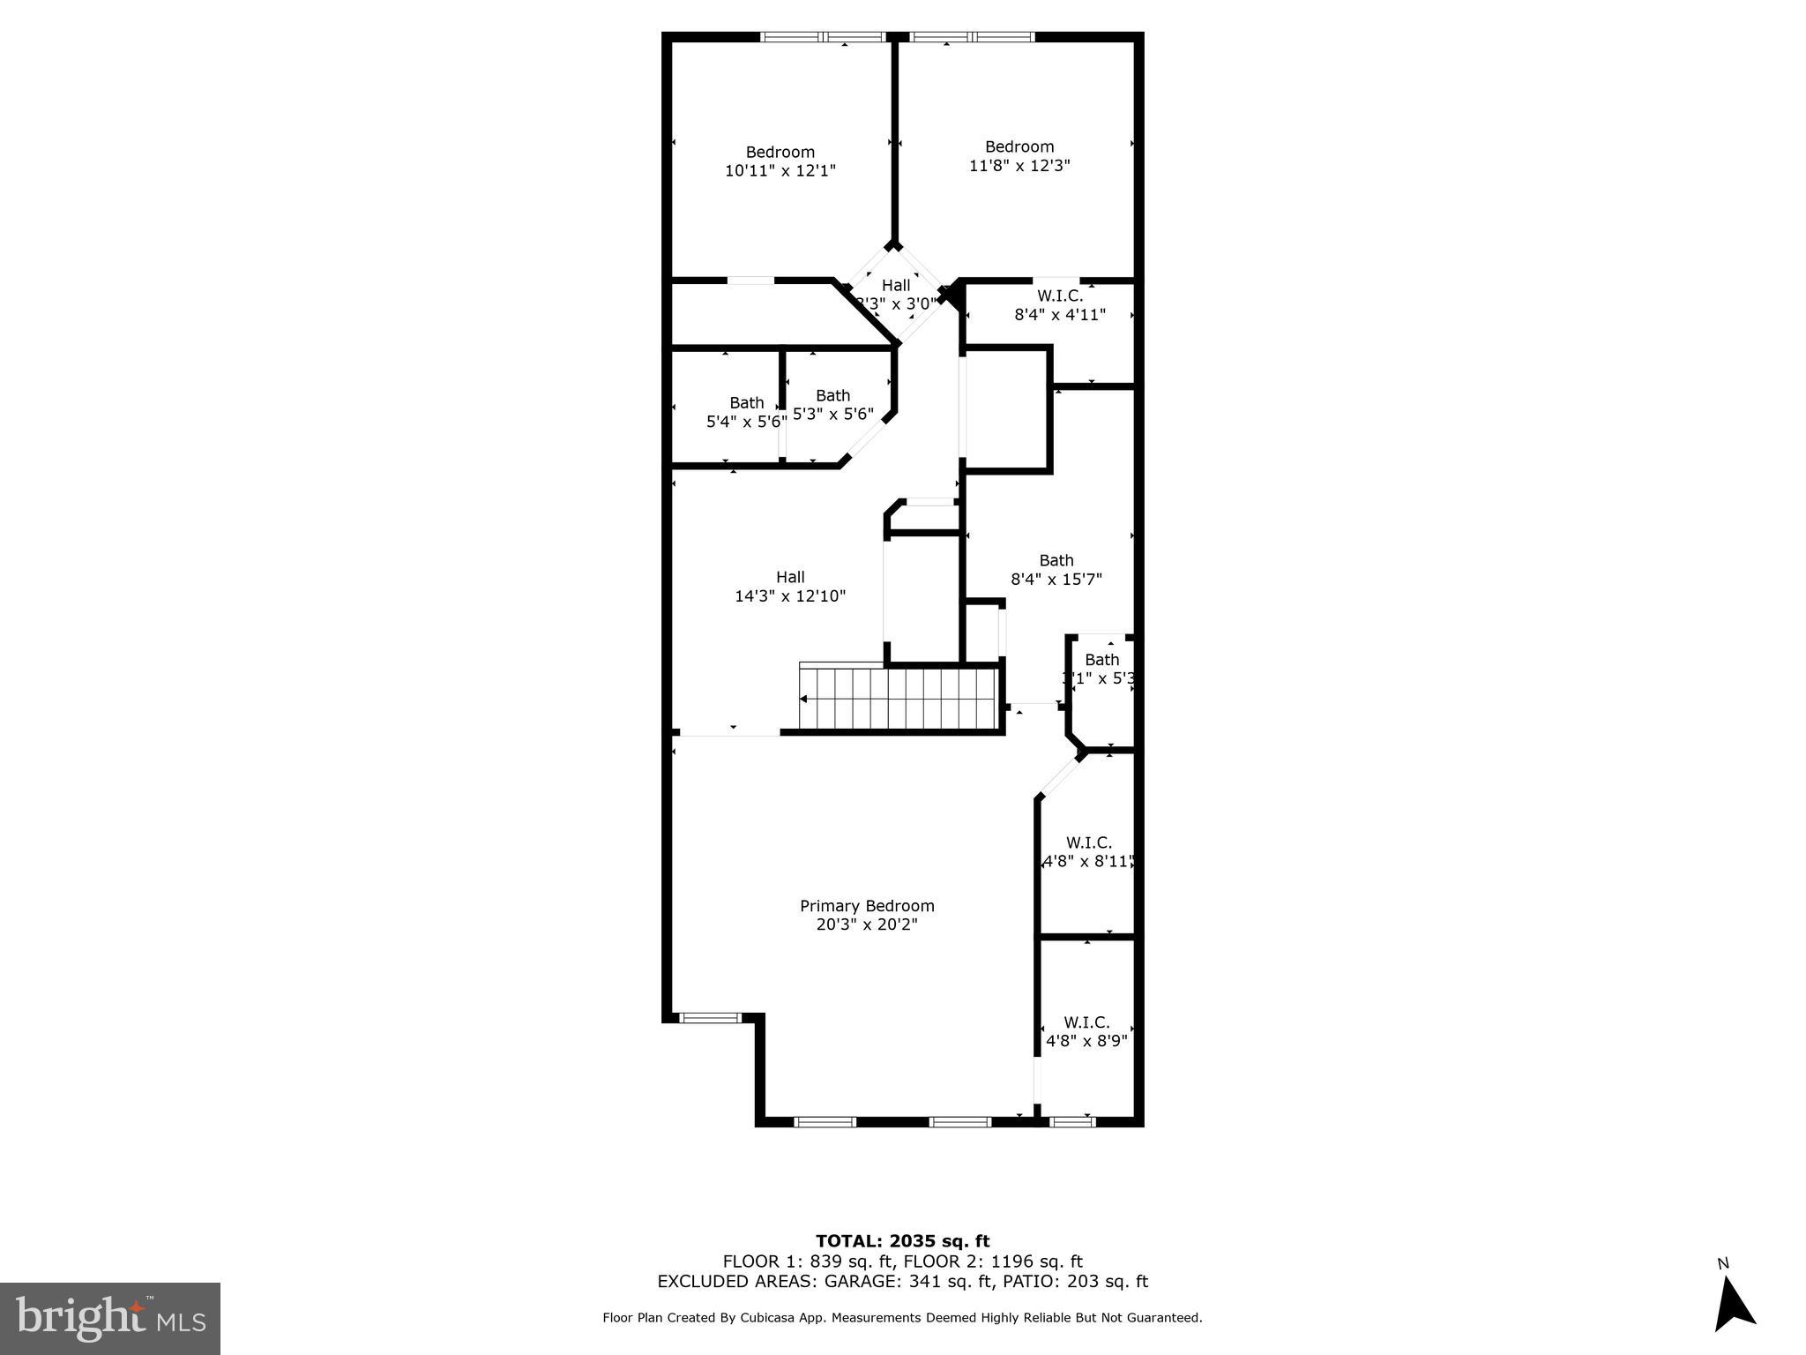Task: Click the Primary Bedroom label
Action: [x=866, y=906]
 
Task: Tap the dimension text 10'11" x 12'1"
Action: [x=780, y=170]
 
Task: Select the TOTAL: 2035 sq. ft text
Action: [x=902, y=1241]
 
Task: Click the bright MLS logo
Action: [x=110, y=1318]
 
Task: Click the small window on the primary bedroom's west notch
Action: [x=710, y=1018]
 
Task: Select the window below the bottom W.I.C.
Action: [x=1072, y=1122]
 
